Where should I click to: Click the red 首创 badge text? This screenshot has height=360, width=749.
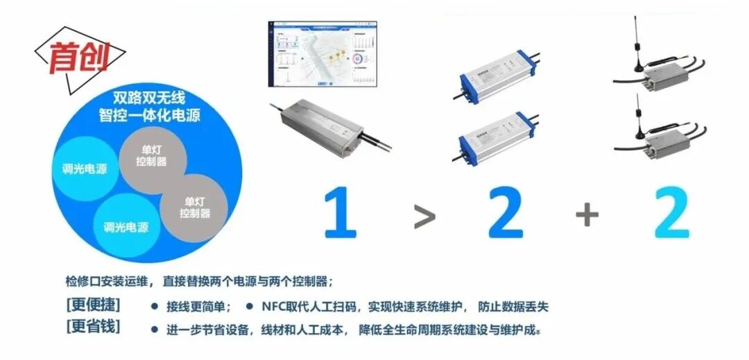78,58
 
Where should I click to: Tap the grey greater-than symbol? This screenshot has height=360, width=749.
424,217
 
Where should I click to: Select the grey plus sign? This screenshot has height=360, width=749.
587,215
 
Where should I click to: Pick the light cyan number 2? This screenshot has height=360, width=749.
671,212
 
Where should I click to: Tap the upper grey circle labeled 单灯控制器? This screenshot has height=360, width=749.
152,157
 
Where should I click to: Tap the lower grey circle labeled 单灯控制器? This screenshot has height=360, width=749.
193,207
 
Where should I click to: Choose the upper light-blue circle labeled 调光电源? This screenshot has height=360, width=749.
84,169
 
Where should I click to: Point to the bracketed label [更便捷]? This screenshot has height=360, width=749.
94,305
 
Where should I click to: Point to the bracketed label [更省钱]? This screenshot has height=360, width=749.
94,327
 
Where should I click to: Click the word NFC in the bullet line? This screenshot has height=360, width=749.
275,307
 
